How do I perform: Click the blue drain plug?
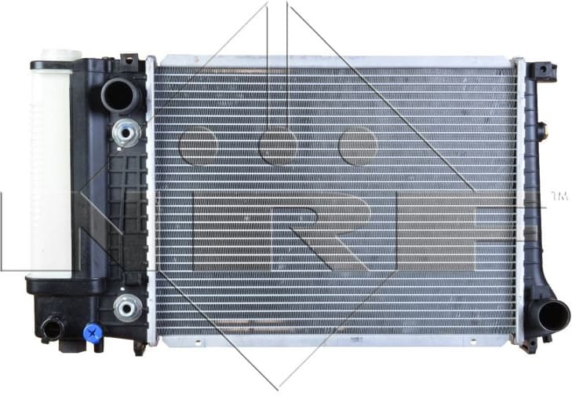pyautogui.click(x=93, y=334)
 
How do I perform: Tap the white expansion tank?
pyautogui.click(x=50, y=165)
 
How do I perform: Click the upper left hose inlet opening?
pyautogui.click(x=118, y=96)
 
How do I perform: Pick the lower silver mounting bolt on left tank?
pyautogui.click(x=126, y=307)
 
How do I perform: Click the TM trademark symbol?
pyautogui.click(x=559, y=195)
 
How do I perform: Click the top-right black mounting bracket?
pyautogui.click(x=541, y=71)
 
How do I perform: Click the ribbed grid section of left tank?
pyautogui.click(x=126, y=212)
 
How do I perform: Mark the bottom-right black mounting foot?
pyautogui.click(x=531, y=343)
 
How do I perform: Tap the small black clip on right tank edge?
pyautogui.click(x=541, y=129)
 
